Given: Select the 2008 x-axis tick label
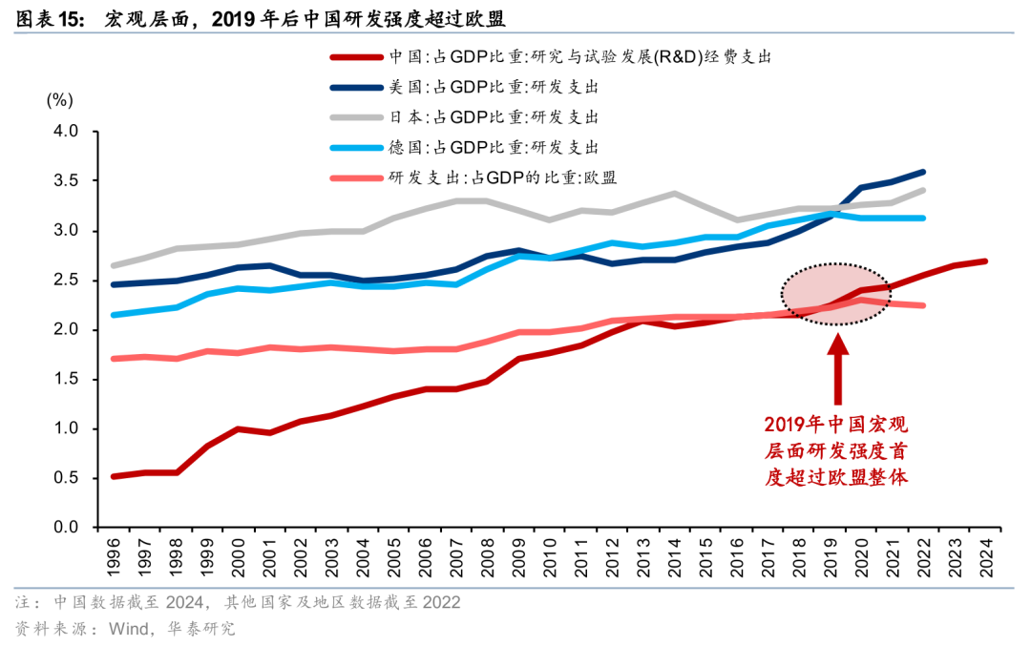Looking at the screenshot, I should pyautogui.click(x=486, y=556).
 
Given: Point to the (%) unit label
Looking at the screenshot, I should pyautogui.click(x=59, y=99).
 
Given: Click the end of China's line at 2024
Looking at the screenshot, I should pyautogui.click(x=984, y=261).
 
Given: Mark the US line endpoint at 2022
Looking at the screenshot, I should pyautogui.click(x=922, y=173).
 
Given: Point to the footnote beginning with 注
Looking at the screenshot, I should pyautogui.click(x=238, y=603).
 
